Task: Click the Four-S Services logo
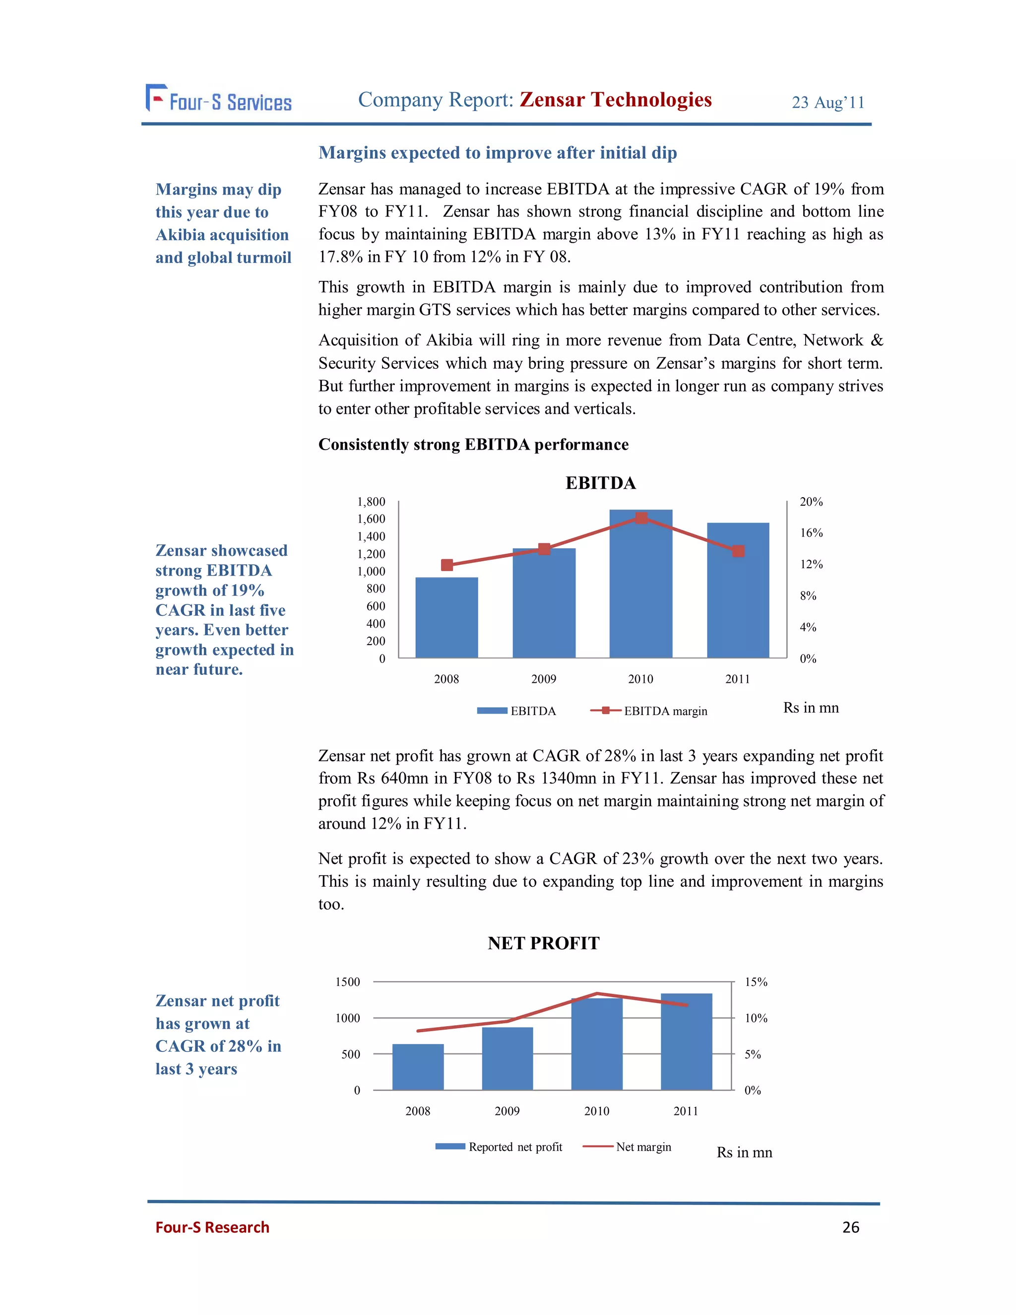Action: [218, 99]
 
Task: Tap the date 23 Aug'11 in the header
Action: [827, 102]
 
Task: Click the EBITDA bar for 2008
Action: [446, 617]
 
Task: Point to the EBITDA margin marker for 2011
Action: [738, 551]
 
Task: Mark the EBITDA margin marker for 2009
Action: [544, 548]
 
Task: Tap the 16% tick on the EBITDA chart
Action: [811, 533]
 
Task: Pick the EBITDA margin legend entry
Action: [649, 711]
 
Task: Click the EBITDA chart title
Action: [600, 483]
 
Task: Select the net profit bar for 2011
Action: [686, 1042]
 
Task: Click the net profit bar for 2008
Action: [418, 1066]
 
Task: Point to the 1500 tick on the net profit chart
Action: [347, 982]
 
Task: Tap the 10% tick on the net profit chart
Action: [756, 1018]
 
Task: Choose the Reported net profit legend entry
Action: [499, 1147]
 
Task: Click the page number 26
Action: [850, 1227]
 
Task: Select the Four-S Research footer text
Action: [212, 1227]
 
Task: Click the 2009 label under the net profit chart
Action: [507, 1111]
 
